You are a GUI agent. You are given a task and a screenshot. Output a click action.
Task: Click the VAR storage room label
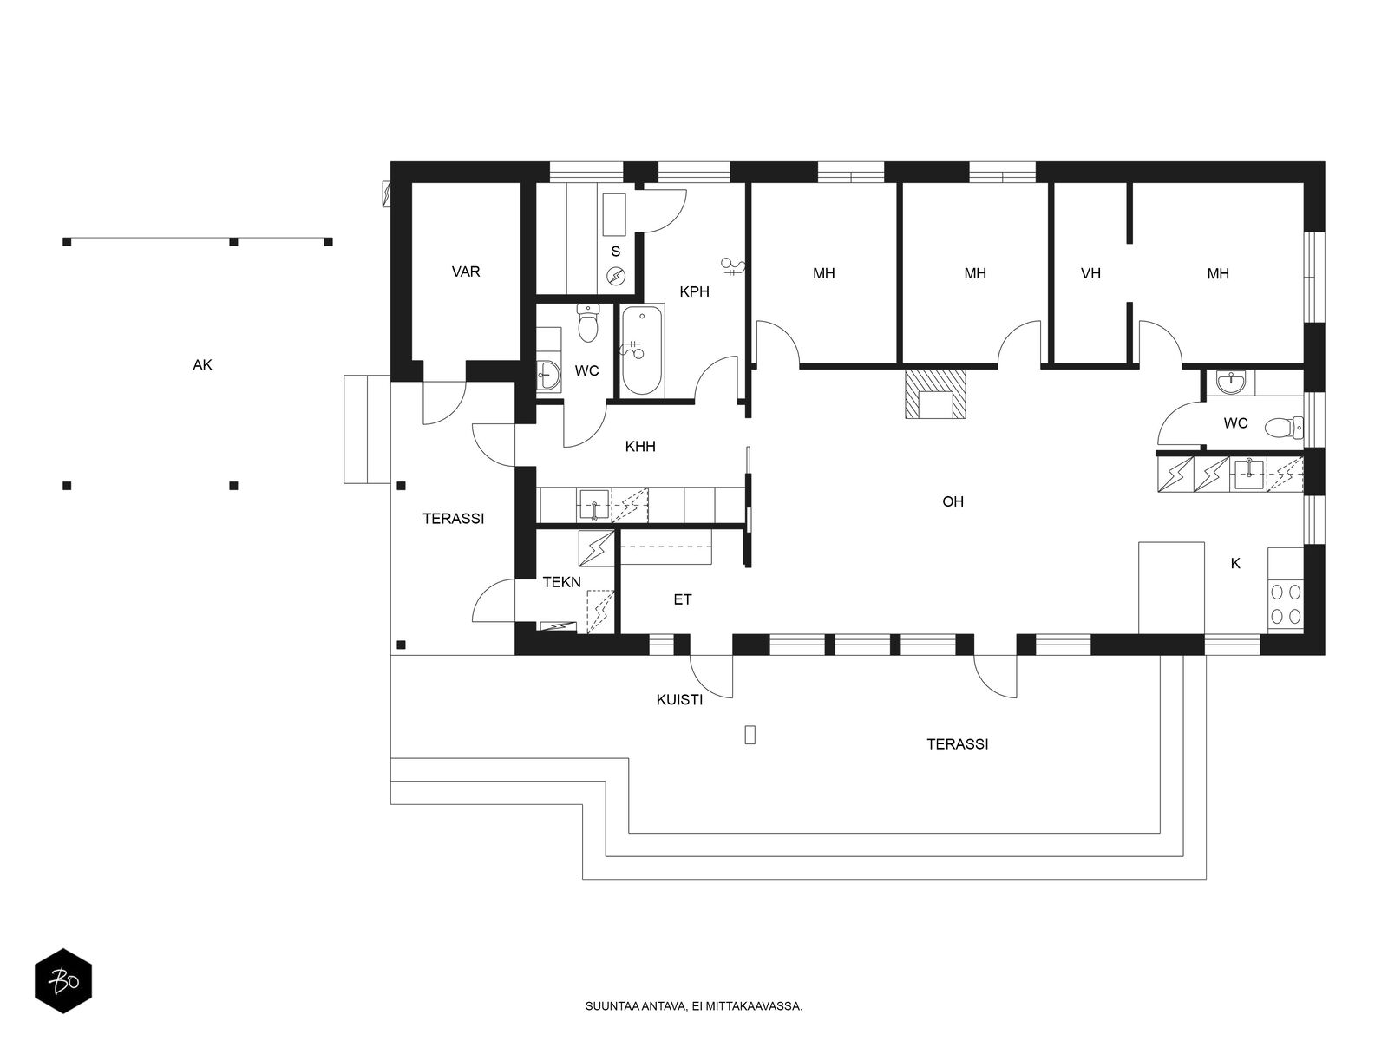(465, 272)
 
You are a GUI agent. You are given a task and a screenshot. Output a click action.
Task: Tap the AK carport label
(202, 364)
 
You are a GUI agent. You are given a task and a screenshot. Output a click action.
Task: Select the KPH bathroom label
(694, 291)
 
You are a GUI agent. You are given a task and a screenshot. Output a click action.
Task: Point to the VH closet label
(1090, 273)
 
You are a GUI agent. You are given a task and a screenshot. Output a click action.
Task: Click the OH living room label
(953, 502)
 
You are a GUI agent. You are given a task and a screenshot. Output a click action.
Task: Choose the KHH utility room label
(640, 447)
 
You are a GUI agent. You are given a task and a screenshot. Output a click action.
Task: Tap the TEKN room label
(561, 582)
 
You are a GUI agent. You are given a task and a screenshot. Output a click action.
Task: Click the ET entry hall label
(683, 599)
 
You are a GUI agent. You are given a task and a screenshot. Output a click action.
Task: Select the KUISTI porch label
(680, 700)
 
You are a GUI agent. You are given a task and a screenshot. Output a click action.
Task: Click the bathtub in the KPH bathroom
(643, 350)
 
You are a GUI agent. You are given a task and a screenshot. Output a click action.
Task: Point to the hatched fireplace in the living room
(936, 393)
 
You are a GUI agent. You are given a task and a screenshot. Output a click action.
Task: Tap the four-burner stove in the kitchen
(1286, 604)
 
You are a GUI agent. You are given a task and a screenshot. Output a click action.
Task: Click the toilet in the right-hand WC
(1284, 428)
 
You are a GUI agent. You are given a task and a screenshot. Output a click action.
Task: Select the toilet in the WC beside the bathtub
(588, 323)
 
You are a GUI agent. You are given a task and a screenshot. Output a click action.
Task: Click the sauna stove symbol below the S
(615, 276)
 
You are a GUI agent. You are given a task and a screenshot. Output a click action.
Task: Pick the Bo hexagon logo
(63, 981)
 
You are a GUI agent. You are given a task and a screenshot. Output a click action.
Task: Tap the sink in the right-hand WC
(1232, 383)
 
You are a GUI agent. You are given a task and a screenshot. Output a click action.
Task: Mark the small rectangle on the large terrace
(750, 735)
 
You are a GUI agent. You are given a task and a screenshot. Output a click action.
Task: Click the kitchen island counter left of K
(1171, 588)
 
